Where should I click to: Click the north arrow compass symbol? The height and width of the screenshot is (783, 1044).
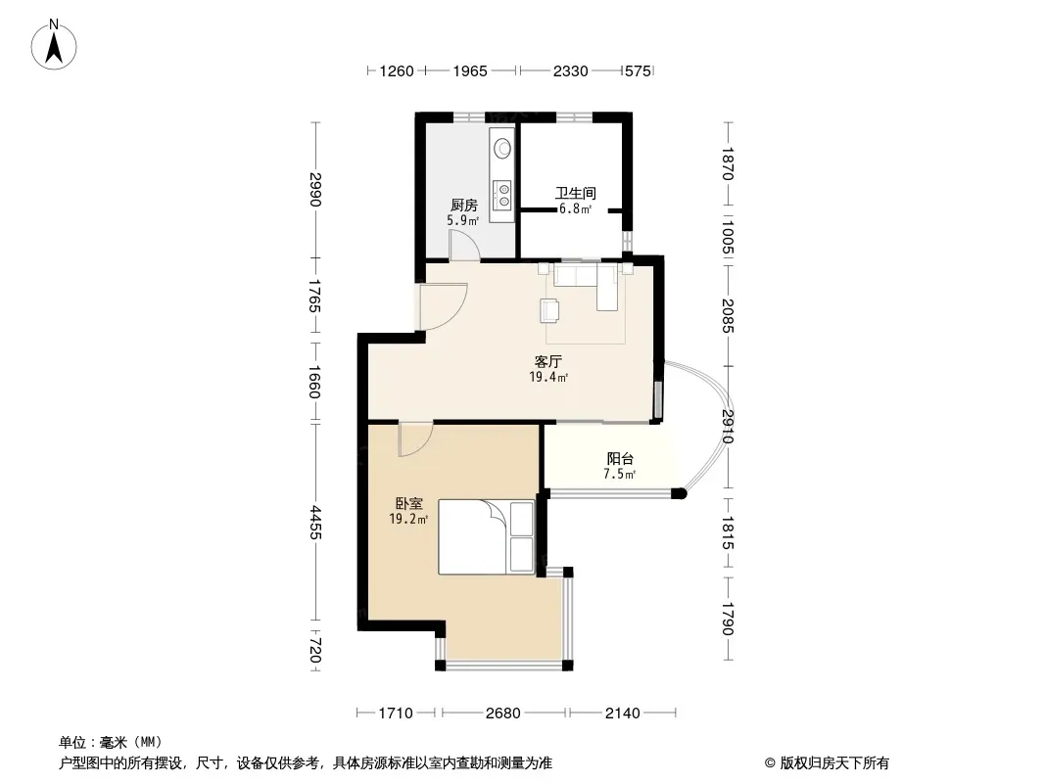click(x=54, y=44)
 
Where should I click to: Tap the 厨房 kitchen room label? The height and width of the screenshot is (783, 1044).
click(x=463, y=206)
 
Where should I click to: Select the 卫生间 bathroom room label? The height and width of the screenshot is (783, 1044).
click(x=576, y=194)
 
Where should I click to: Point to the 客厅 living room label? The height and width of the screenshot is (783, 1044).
click(x=548, y=362)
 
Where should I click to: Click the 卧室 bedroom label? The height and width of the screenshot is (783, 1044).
click(x=408, y=504)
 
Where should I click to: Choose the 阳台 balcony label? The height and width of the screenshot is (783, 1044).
click(x=620, y=459)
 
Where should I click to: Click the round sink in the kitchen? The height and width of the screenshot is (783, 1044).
click(x=502, y=148)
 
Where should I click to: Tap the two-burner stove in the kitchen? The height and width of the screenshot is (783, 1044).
click(x=502, y=194)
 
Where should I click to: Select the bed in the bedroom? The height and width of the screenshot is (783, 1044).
click(x=486, y=537)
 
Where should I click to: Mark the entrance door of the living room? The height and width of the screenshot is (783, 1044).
click(x=443, y=306)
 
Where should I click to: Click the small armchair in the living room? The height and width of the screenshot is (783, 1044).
click(x=550, y=310)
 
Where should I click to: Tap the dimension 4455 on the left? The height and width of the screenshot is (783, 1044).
click(x=315, y=523)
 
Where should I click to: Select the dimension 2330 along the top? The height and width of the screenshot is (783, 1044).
click(x=571, y=70)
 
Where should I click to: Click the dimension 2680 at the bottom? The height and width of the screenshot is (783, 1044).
click(x=502, y=714)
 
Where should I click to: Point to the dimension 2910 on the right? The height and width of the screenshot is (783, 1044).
click(x=727, y=427)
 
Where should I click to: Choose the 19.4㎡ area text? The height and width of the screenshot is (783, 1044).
click(x=548, y=378)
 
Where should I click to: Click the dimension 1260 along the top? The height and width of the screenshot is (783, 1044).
click(x=397, y=70)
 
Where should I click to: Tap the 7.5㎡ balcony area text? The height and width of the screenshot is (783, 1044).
click(x=620, y=475)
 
